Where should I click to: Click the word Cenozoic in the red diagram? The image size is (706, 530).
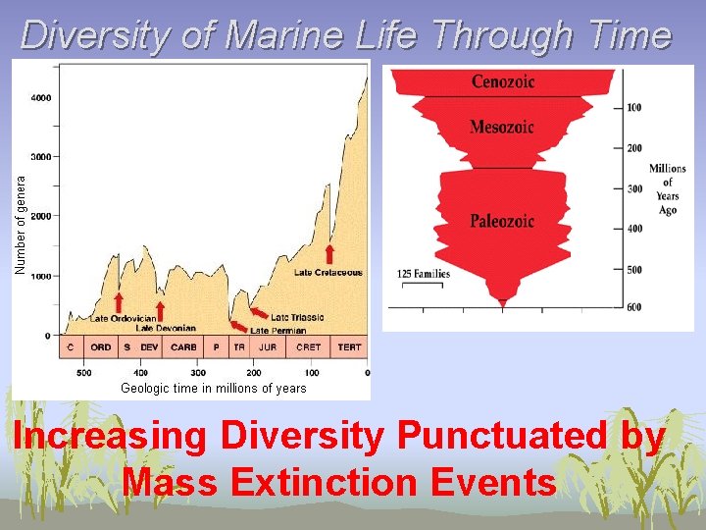coord(503,81)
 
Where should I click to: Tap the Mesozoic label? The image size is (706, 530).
coord(501,127)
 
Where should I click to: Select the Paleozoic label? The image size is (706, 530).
coord(501,221)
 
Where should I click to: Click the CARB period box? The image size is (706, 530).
coord(183,346)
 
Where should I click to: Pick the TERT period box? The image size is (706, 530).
coord(349,346)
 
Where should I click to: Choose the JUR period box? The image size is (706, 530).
coord(267,346)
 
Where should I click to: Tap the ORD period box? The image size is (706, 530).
coord(101,346)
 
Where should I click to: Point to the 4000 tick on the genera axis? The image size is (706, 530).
coord(42,97)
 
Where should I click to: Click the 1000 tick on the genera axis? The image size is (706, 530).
coord(42,277)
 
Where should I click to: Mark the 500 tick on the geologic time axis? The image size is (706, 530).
coord(83,373)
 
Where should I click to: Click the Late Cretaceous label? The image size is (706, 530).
coord(328,272)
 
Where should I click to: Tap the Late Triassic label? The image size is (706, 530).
coord(296,318)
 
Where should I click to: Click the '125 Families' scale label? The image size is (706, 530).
coord(425,274)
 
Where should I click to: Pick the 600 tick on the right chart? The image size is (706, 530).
coord(634,307)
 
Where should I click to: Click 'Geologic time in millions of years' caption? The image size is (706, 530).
coord(213,389)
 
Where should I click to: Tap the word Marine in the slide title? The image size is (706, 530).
coord(281,35)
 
